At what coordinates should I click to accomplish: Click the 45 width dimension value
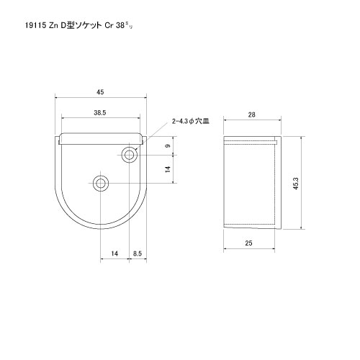point(101,91)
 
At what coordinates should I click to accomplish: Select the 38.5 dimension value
point(100,113)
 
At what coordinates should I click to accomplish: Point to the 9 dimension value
point(167,147)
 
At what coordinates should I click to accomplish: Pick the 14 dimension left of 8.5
point(114,253)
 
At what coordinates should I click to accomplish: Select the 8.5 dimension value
point(138,253)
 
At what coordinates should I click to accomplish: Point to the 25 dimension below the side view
point(248,244)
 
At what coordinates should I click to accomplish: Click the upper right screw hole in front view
point(130,154)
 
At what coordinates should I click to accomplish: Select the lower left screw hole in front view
point(100,183)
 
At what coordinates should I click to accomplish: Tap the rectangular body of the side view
point(250,184)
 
